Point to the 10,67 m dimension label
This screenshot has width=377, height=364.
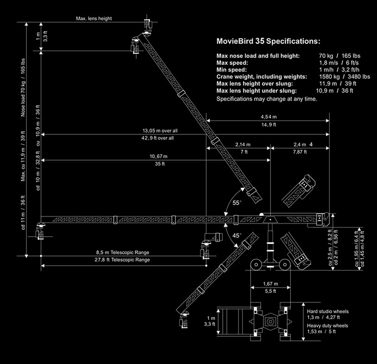158,157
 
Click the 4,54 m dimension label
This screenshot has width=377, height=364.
268,117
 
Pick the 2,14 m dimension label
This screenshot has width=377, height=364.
243,144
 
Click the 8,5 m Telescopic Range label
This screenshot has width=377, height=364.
123,253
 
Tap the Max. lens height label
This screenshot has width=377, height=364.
94,19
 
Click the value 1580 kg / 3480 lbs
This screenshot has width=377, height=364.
344,77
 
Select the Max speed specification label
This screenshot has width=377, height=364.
232,62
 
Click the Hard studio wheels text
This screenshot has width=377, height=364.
328,311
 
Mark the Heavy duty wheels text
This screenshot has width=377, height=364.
328,325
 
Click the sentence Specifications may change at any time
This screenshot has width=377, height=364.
267,99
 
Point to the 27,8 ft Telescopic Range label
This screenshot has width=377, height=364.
123,260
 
